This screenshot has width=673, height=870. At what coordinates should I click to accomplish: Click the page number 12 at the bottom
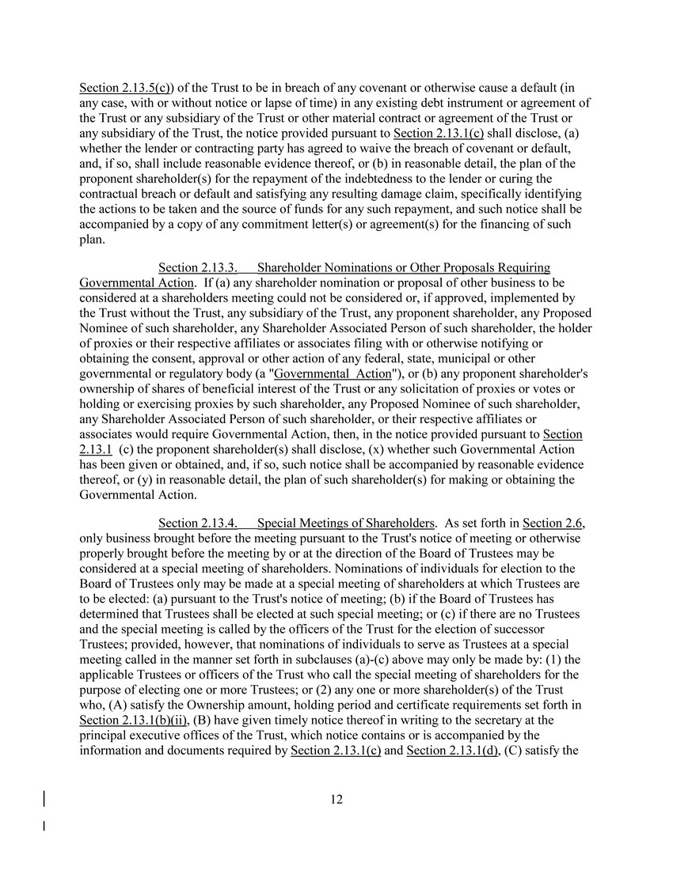pyautogui.click(x=336, y=800)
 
